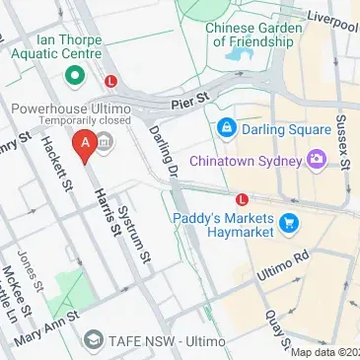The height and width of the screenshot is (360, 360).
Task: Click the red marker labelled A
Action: point(86,146)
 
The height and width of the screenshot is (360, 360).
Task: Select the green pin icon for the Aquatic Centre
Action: point(71,75)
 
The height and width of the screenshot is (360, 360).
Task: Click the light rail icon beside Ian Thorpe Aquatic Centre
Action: point(111,82)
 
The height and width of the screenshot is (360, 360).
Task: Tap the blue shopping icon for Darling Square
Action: point(227,128)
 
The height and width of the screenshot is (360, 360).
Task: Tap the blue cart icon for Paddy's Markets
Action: point(290,224)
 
